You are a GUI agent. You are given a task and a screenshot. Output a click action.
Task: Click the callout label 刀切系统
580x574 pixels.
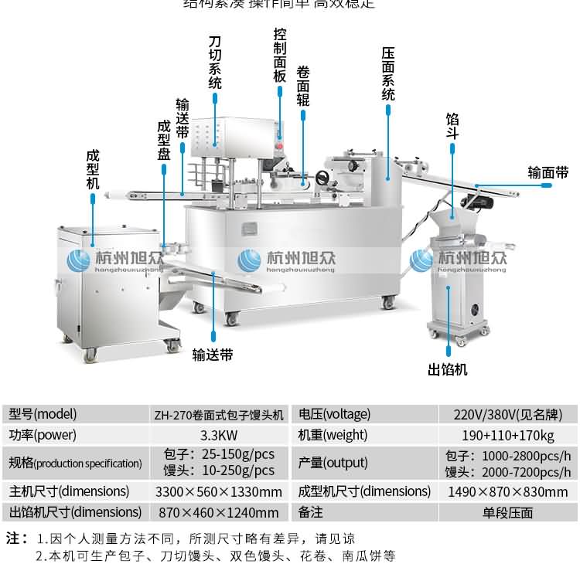coord(215,62)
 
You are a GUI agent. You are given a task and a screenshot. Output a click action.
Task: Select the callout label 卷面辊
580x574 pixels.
coord(303,86)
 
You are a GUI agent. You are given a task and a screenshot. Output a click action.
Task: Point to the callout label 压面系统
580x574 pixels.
coord(388,74)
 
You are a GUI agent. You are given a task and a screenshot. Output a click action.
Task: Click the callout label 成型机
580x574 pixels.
coord(93,169)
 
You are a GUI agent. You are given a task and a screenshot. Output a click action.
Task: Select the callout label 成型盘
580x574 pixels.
coord(163,140)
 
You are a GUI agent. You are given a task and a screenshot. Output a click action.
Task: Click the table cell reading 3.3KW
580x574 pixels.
coord(219,435)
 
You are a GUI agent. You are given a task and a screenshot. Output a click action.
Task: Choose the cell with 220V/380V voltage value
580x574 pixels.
coord(508,414)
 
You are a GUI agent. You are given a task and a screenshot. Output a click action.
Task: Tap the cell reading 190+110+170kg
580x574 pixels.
coord(508,435)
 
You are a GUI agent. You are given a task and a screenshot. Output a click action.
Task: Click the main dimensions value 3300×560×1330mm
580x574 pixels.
coord(219,491)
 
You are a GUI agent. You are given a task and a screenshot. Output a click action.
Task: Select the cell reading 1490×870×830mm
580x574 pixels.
coord(508,491)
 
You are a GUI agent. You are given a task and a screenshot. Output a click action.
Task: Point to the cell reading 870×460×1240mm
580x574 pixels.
coord(219,512)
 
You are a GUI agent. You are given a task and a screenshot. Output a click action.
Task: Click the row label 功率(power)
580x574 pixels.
coord(37,435)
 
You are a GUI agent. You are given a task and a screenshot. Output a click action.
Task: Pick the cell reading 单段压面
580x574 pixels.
coord(508,512)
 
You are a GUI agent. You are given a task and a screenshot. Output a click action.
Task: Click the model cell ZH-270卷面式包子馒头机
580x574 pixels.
coord(219,414)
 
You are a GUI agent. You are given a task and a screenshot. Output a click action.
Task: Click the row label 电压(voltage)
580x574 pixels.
coord(335,414)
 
